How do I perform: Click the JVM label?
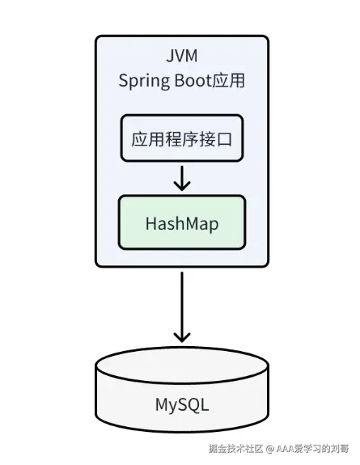182,56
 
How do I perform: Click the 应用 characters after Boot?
228,80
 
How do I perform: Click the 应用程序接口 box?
182,138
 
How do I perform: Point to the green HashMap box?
182,222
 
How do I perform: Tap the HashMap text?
182,224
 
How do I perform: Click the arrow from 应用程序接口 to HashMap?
182,178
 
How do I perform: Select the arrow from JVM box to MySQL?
182,307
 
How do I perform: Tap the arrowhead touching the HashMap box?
182,186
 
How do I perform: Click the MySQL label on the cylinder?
182,405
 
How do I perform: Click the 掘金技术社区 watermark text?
235,449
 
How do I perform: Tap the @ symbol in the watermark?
269,449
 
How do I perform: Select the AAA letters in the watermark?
286,449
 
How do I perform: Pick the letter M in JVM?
191,56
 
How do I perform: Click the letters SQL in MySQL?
194,404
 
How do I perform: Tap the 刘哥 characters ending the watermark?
340,449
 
